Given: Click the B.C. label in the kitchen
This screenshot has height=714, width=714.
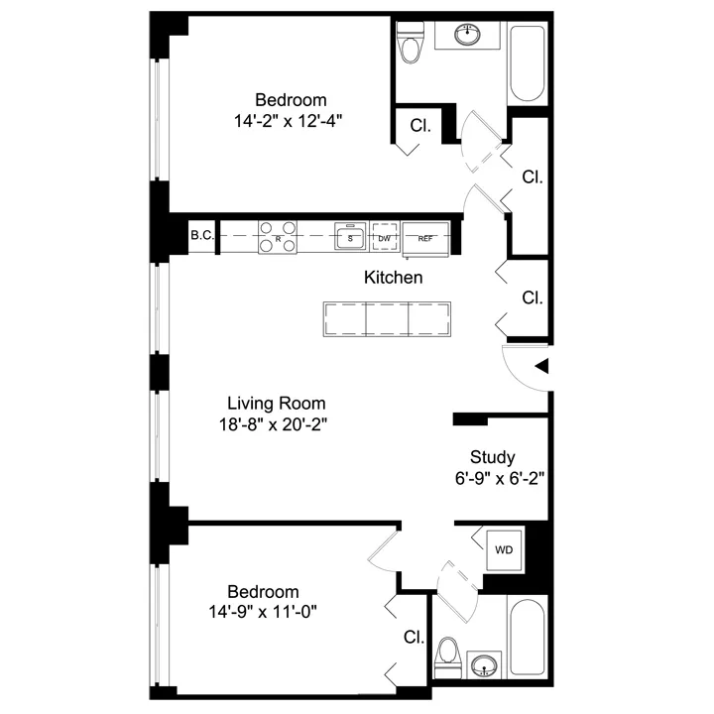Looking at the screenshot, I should coord(202,235).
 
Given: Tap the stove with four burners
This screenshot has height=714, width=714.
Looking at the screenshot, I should coord(279,237).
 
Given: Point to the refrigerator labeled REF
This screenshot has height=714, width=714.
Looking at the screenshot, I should coord(425,238).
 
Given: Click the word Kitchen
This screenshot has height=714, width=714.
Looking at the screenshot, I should coord(394,278).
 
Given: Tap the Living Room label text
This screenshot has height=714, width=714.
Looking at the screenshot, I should coord(277,404).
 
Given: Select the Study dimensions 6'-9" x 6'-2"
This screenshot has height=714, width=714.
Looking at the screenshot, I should coord(493,477).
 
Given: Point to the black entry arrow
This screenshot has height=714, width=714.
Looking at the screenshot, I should coord(541,367).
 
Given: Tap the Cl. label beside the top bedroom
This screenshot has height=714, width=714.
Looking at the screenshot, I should coord(420,127).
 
